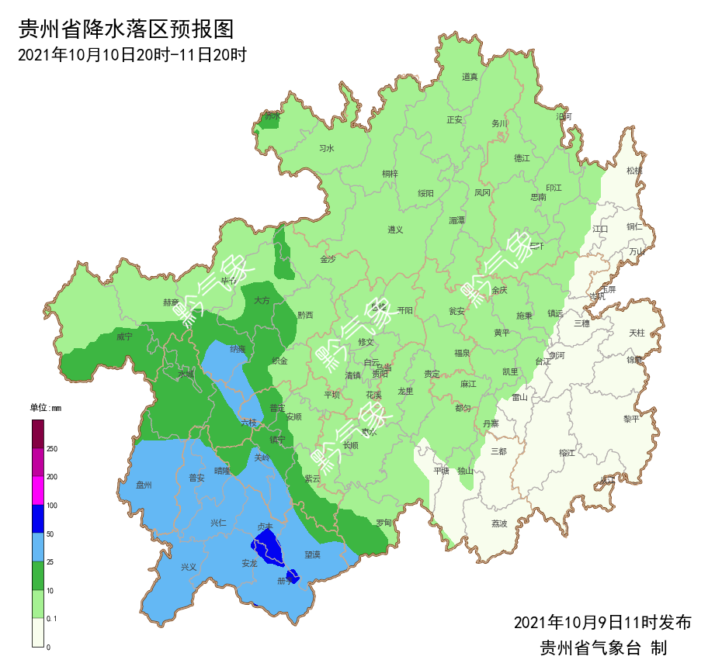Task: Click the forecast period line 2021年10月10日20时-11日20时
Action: tap(132, 55)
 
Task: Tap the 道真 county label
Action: tap(470, 77)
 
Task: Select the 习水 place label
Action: tap(327, 148)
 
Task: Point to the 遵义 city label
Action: tap(396, 230)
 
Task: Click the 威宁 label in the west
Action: tap(124, 337)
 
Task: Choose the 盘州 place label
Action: tap(144, 485)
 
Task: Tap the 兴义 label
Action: tap(189, 567)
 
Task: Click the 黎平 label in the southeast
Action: tap(631, 419)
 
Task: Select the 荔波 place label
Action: tap(499, 523)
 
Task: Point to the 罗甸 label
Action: tap(384, 523)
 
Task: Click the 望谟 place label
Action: tap(312, 555)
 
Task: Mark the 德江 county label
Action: tap(522, 157)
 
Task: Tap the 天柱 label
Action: tap(637, 333)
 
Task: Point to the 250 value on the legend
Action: tap(52, 449)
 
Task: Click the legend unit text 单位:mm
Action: tap(45, 408)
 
